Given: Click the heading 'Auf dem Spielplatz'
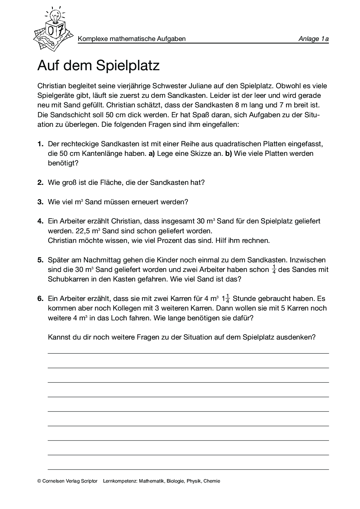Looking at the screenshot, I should [98, 66].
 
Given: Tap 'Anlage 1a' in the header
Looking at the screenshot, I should [313, 39].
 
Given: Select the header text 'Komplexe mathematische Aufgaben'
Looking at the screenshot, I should [132, 39].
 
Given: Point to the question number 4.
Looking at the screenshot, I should [40, 221].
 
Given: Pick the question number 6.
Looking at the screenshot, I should [40, 299].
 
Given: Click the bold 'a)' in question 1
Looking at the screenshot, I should [152, 154].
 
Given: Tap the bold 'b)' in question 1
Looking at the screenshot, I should [228, 154].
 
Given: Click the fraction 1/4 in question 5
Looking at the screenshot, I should [274, 270].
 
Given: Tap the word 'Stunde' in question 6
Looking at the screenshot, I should [243, 299].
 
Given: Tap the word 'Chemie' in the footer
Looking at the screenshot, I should [212, 481].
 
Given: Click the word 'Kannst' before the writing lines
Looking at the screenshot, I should [58, 337].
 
